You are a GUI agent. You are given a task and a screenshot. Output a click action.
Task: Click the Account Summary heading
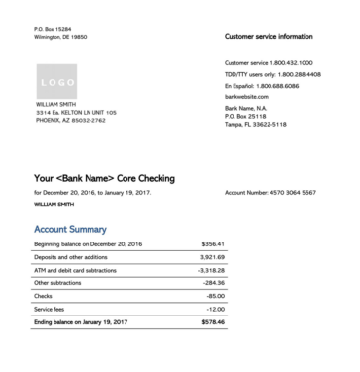(x=70, y=229)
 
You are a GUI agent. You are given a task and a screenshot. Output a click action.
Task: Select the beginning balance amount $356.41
(x=212, y=243)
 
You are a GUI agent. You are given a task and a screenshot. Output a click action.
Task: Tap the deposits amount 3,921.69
(x=212, y=256)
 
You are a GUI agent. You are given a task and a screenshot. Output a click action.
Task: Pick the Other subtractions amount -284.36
(x=213, y=282)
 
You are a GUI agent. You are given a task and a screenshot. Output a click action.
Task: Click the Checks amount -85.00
(x=215, y=295)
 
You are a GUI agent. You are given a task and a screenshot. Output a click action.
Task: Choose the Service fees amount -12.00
(x=215, y=308)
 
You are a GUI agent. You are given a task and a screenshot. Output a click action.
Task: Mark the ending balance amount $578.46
(x=211, y=321)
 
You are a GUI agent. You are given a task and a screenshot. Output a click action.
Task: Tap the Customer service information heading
(x=269, y=36)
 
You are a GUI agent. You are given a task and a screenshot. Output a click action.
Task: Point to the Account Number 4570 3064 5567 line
(x=270, y=193)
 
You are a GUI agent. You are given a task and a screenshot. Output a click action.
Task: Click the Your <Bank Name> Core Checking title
(x=104, y=179)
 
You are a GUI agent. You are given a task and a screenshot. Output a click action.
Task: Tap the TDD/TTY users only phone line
(x=272, y=74)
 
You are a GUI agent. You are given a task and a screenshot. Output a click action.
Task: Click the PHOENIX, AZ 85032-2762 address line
(x=70, y=120)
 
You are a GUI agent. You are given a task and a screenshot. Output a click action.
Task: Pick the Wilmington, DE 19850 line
(x=60, y=37)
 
